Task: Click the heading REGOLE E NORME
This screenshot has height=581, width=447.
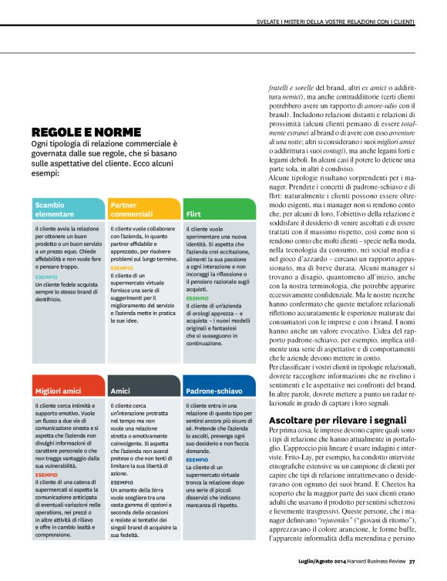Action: tap(86, 132)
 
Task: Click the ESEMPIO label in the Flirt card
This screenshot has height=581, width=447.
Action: tap(197, 297)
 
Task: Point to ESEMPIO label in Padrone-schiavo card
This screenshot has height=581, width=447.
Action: tap(197, 459)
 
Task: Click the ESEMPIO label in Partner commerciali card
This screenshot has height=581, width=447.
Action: tap(121, 268)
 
